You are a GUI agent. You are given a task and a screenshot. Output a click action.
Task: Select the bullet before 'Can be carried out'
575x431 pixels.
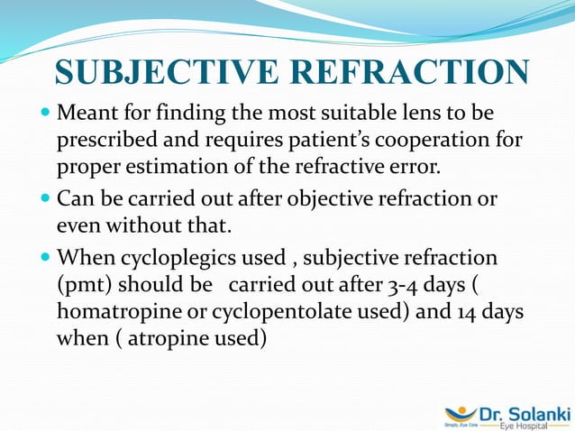[x=46, y=199]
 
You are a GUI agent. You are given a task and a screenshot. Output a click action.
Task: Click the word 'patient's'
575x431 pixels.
[x=301, y=142]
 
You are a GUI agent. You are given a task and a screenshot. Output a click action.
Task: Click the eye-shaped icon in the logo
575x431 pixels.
[x=461, y=414]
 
